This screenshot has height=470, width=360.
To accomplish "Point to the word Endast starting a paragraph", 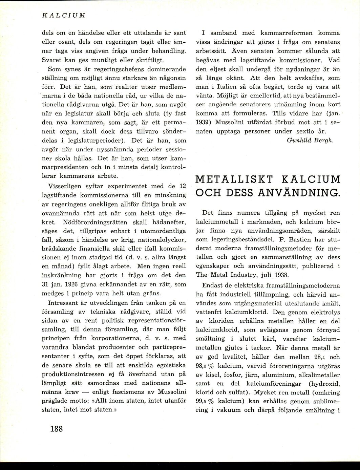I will (213, 285).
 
